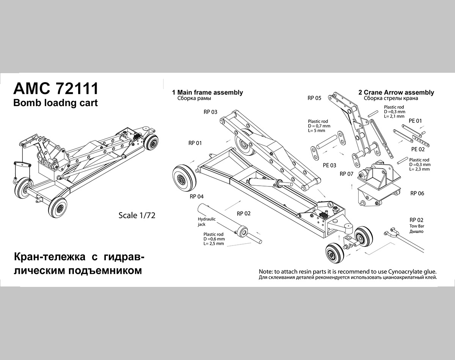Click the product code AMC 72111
[56, 88]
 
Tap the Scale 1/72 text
[137, 215]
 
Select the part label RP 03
[210, 112]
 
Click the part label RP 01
[195, 143]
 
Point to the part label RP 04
[197, 196]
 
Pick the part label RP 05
[314, 98]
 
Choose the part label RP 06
[417, 193]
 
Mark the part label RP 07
[347, 174]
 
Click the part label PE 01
[416, 121]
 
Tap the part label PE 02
[418, 149]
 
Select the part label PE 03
[329, 165]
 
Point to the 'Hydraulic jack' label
[207, 222]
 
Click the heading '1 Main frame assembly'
[207, 92]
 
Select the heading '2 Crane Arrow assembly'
[396, 92]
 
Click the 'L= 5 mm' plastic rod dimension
[317, 130]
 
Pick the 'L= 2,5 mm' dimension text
[213, 244]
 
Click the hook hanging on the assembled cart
[16, 181]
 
